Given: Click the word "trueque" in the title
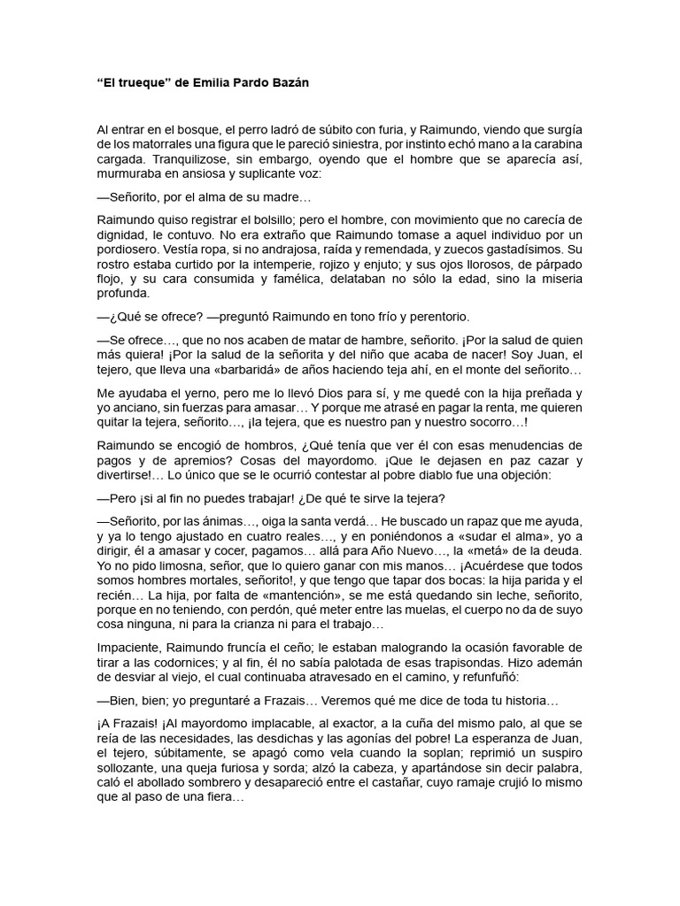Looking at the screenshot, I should click(x=135, y=82).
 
